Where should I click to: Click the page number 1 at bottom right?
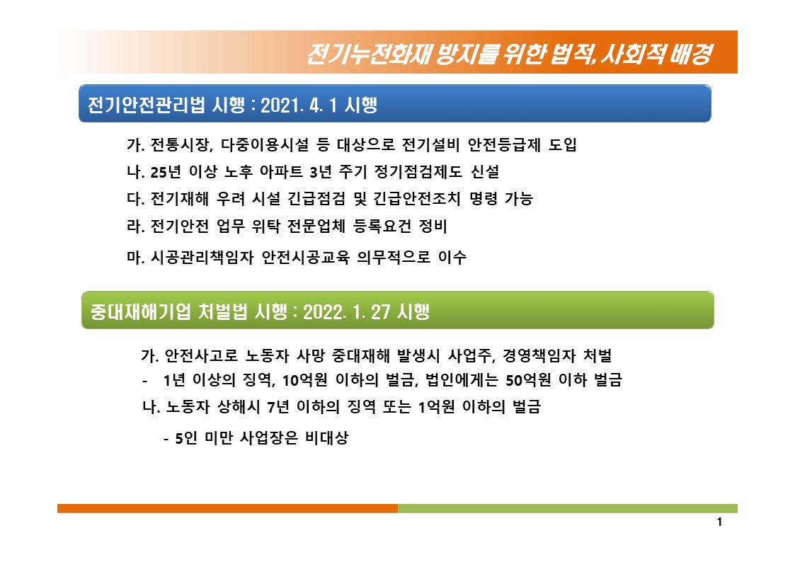tap(719, 522)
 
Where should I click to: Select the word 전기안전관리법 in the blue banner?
tap(147, 105)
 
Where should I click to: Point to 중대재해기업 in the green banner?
tap(142, 311)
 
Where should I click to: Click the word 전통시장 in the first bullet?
tap(181, 145)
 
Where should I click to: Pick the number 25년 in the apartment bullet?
tap(166, 172)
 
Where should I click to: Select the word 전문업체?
tap(316, 226)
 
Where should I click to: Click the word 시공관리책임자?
tap(202, 258)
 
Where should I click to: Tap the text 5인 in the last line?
tap(186, 438)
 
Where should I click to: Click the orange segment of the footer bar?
tap(228, 508)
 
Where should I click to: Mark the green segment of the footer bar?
tap(568, 508)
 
